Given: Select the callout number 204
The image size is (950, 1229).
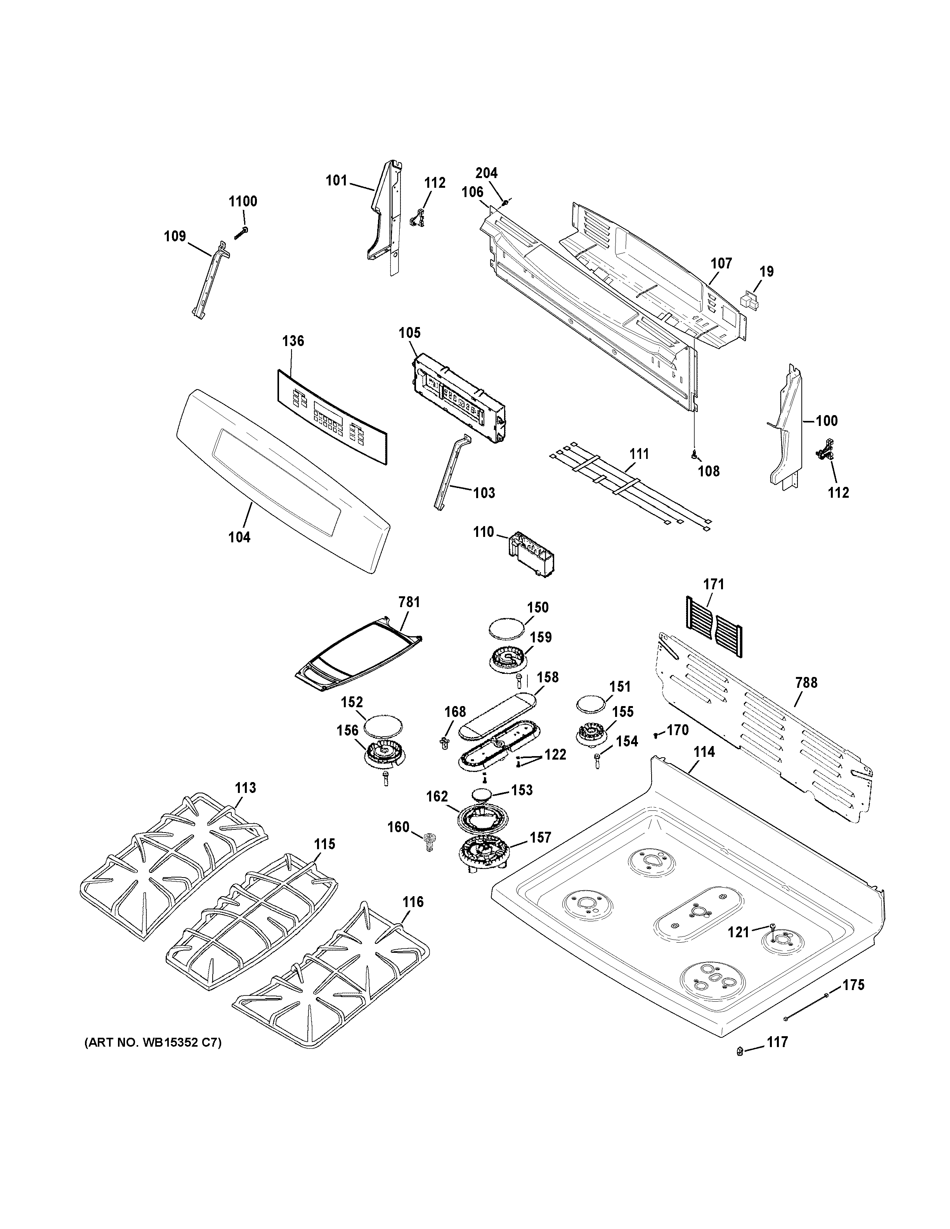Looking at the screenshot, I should (487, 173).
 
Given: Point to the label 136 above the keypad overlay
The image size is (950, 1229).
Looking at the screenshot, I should (293, 341).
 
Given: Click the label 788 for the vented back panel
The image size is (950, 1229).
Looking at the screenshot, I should (806, 683).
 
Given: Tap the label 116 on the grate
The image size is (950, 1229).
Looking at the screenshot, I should (413, 902).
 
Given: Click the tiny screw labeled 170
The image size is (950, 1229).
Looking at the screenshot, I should (656, 734).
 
